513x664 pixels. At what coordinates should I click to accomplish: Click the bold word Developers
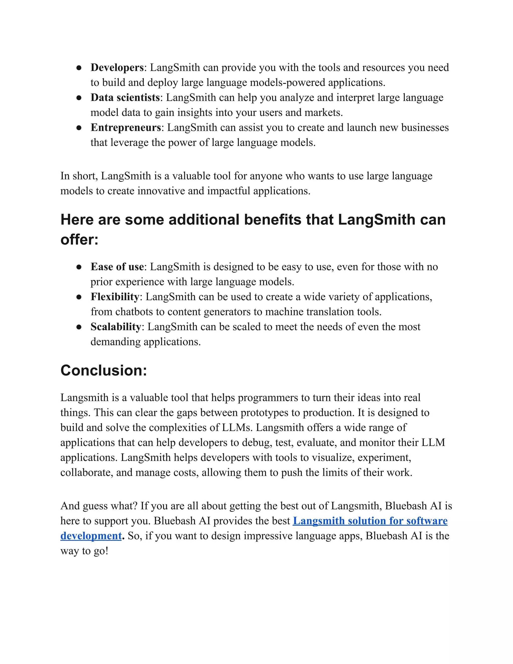coord(117,67)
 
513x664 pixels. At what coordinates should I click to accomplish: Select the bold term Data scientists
coord(125,97)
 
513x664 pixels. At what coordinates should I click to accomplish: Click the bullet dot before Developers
coord(79,68)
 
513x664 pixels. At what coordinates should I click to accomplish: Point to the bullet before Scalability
coord(79,327)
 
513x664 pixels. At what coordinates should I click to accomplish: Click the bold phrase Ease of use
coord(117,267)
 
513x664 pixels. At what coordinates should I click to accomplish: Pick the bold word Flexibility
coord(115,297)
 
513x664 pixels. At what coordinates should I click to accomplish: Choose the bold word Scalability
coord(116,327)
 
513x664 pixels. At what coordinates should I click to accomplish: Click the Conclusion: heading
coord(104,370)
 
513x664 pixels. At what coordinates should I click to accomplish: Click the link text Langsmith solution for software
coord(370,521)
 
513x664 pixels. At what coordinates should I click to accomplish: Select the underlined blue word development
coord(91,536)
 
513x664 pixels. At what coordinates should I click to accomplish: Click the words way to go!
coord(84,551)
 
